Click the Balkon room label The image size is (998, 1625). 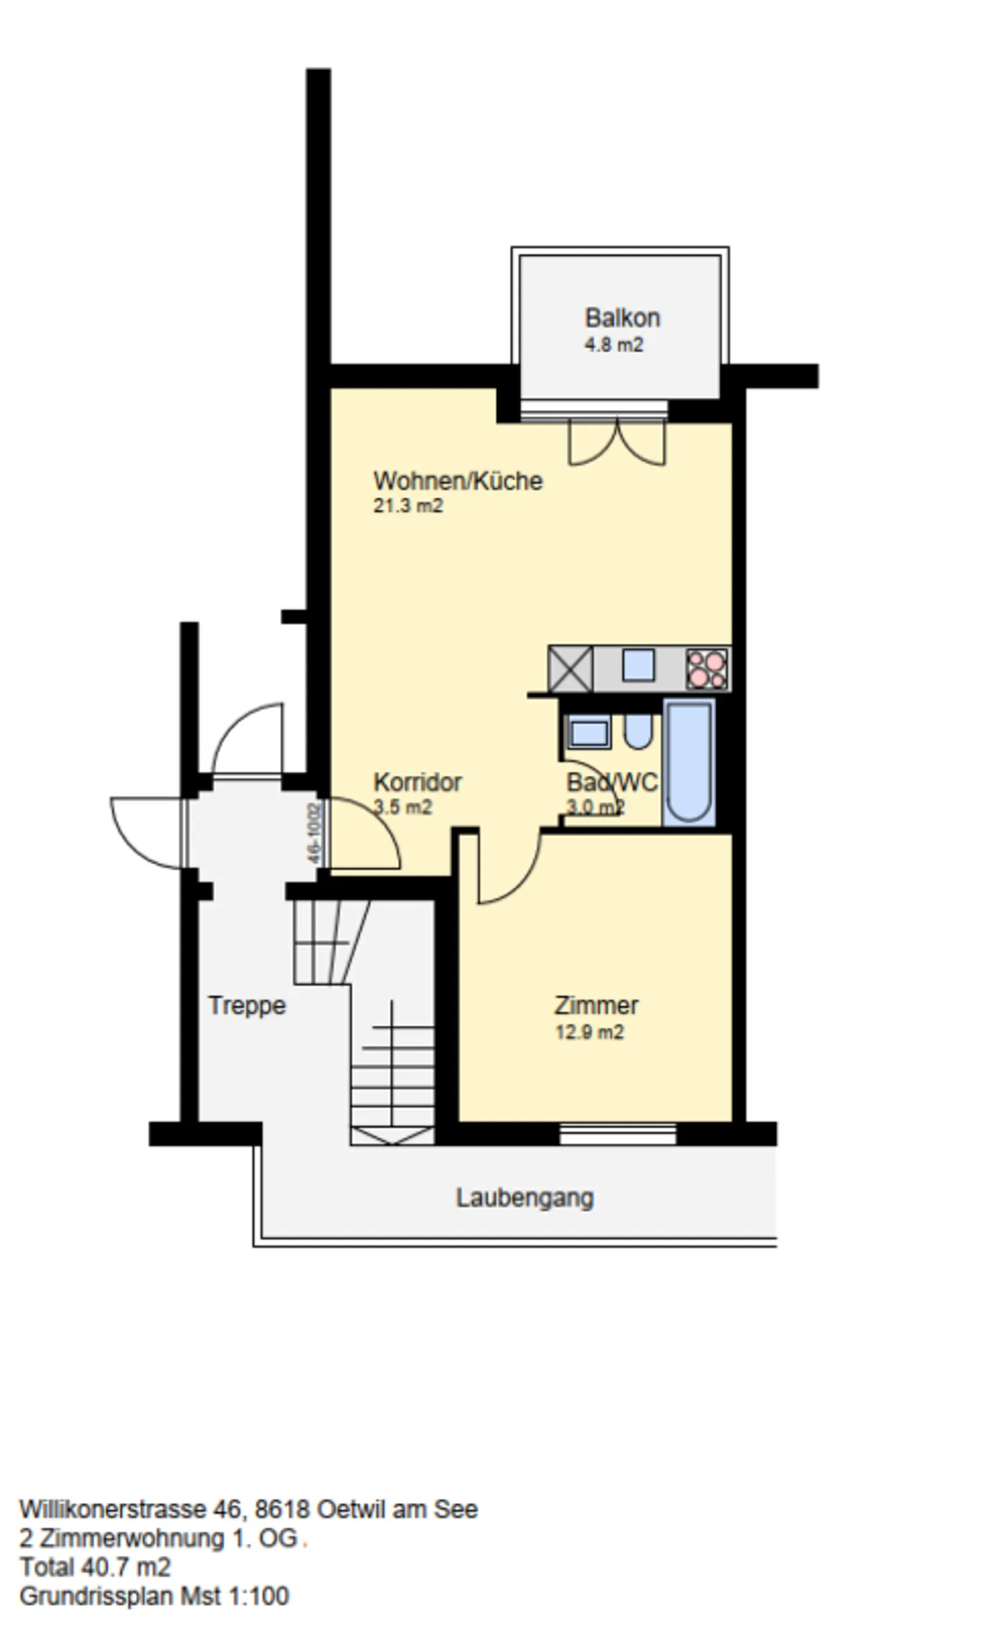622,318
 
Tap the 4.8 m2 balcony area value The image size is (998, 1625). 613,345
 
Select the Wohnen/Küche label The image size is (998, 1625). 457,481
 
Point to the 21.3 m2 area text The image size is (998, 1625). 408,506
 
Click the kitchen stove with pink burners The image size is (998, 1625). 706,669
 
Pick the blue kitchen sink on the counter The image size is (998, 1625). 638,666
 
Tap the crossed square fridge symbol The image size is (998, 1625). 570,669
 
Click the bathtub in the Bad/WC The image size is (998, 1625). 688,761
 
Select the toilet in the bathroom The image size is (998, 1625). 638,731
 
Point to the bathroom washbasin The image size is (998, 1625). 588,733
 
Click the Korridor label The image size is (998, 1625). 417,782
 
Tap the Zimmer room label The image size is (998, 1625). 596,1005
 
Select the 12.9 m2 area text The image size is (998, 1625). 589,1033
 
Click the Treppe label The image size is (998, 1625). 247,1005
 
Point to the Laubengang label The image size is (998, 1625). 525,1198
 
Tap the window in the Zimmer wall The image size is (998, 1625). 618,1134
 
